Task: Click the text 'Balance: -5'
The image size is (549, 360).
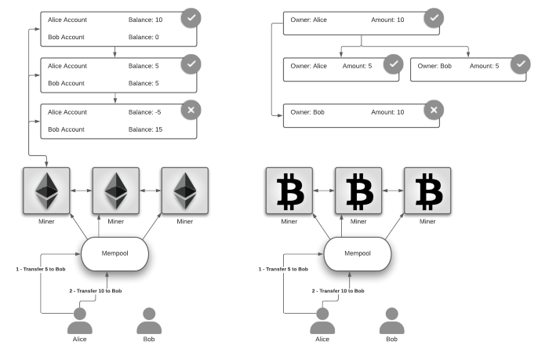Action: (x=145, y=112)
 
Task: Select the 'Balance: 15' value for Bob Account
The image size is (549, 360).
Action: (x=145, y=129)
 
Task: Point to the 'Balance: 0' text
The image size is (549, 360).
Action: (x=144, y=37)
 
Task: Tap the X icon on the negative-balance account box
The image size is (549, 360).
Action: (x=190, y=111)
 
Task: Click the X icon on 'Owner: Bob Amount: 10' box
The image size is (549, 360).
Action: (x=433, y=111)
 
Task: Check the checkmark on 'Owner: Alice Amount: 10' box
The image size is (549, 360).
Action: (x=433, y=18)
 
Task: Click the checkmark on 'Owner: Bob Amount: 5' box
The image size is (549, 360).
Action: (x=520, y=64)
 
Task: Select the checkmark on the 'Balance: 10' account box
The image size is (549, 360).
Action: (x=190, y=18)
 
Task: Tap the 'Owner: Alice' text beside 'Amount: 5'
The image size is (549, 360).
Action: (x=308, y=66)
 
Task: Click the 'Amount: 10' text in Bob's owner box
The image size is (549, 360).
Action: (x=387, y=112)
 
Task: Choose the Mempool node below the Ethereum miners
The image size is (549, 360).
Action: (x=115, y=253)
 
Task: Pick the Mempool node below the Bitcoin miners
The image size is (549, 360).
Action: (x=358, y=253)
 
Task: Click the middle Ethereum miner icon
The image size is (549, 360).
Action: (x=115, y=191)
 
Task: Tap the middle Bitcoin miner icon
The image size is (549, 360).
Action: (x=358, y=191)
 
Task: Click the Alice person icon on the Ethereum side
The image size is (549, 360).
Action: (x=79, y=321)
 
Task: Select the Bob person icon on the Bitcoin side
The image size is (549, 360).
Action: (x=392, y=321)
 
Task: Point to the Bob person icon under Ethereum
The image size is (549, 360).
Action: (x=149, y=321)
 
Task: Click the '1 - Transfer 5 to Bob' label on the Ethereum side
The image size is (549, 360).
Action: (x=40, y=268)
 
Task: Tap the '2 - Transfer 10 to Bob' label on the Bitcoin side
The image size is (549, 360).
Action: (x=337, y=291)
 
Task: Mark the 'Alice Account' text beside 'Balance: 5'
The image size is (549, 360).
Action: (x=67, y=66)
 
